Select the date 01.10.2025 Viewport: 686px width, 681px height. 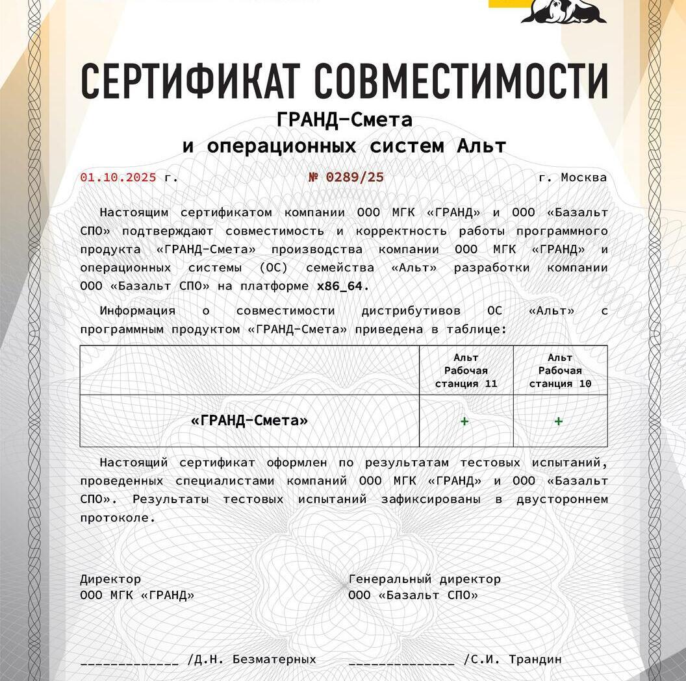(x=118, y=177)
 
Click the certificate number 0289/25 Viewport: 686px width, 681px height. (x=354, y=177)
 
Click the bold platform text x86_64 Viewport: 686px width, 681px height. (x=342, y=286)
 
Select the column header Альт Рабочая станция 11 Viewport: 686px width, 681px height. (x=466, y=371)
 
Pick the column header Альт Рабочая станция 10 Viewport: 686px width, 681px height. (x=560, y=371)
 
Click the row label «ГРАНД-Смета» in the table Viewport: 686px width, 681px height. (x=249, y=421)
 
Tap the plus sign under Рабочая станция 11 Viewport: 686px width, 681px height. (x=464, y=421)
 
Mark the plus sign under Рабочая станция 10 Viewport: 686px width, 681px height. (x=559, y=421)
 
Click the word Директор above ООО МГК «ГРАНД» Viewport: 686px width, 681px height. (x=110, y=579)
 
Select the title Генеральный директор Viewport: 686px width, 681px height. (x=424, y=579)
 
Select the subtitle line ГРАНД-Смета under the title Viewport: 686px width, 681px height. (x=344, y=120)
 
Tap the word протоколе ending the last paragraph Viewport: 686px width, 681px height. (x=118, y=518)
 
